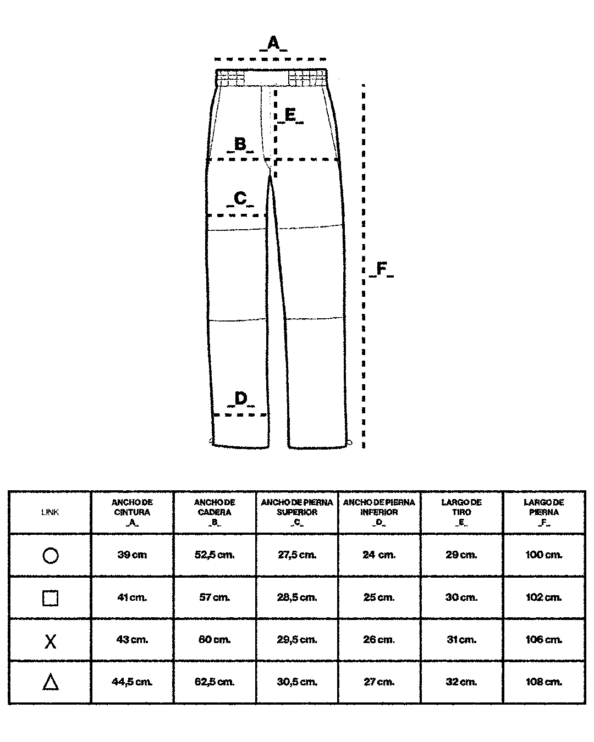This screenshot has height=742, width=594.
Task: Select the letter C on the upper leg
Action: click(x=240, y=198)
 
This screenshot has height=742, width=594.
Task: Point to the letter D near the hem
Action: click(x=241, y=398)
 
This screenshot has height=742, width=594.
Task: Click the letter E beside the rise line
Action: click(x=290, y=115)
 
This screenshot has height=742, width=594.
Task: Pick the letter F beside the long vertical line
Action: click(x=381, y=269)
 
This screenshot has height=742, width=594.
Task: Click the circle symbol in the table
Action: click(x=50, y=556)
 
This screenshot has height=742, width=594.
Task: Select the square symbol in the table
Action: click(x=50, y=598)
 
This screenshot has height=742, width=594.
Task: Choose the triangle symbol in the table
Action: click(x=50, y=683)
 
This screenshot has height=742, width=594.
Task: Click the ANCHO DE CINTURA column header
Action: click(x=132, y=512)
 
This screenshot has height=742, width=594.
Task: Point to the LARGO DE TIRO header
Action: click(x=461, y=512)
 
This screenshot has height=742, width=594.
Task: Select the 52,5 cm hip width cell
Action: click(x=215, y=555)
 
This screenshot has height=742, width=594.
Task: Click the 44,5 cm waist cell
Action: click(x=132, y=682)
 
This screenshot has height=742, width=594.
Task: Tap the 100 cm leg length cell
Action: click(x=544, y=555)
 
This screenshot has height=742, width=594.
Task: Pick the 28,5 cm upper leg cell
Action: click(x=297, y=597)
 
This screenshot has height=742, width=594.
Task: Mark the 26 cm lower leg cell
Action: click(x=379, y=640)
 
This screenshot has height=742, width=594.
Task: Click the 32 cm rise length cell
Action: click(x=461, y=682)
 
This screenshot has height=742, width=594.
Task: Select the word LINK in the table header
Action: click(x=50, y=512)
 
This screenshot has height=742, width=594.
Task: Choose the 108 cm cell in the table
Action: click(x=544, y=682)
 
